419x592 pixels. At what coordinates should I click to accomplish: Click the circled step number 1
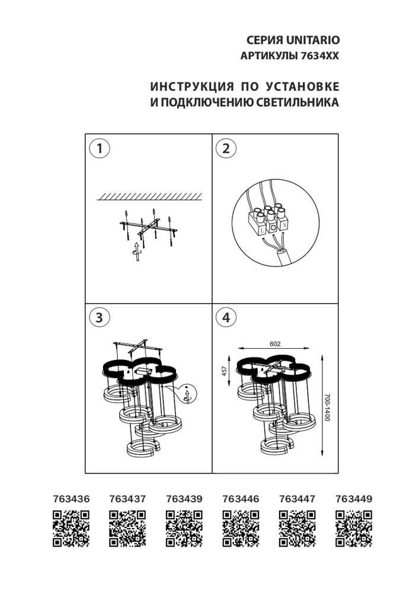pyautogui.click(x=100, y=148)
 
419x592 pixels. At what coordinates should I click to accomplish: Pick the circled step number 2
pyautogui.click(x=225, y=148)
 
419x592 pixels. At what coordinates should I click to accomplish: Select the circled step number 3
pyautogui.click(x=100, y=317)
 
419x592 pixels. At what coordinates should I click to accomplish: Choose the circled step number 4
pyautogui.click(x=225, y=317)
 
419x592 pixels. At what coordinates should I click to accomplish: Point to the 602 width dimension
pyautogui.click(x=274, y=343)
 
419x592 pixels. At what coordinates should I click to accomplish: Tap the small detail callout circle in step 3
pyautogui.click(x=186, y=394)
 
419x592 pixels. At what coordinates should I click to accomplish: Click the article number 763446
pyautogui.click(x=241, y=499)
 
